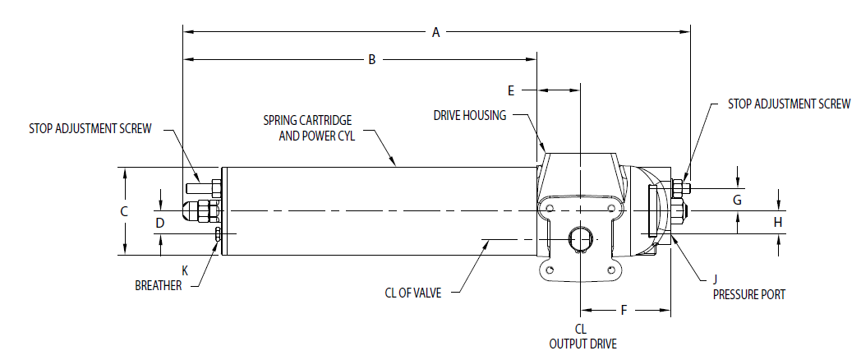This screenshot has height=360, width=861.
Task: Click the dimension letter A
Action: tap(436, 32)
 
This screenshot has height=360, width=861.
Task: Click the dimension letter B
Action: tap(371, 59)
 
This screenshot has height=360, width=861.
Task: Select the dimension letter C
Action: tap(124, 211)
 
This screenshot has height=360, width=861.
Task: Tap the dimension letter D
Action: tap(160, 223)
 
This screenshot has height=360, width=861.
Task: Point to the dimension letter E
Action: tap(510, 89)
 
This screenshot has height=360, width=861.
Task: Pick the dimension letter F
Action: tap(624, 311)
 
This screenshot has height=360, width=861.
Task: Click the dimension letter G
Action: tap(737, 200)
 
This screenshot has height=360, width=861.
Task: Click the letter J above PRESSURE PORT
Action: tap(716, 279)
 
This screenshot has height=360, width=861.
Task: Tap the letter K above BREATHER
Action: tap(185, 270)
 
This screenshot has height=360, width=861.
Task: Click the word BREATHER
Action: tap(159, 285)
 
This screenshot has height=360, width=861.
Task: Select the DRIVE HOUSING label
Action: tap(470, 116)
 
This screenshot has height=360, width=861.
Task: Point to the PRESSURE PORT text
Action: tap(749, 294)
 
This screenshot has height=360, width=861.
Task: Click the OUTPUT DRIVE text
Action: tap(582, 344)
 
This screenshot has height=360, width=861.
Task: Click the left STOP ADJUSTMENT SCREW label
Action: tap(90, 129)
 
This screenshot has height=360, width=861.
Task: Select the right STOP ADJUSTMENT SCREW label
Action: tap(789, 104)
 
